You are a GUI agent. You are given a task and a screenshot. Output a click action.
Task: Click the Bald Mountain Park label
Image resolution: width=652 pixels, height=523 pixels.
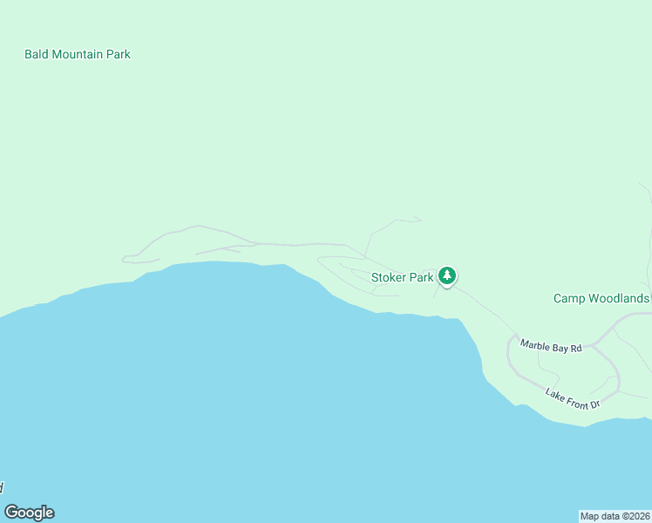pyautogui.click(x=78, y=54)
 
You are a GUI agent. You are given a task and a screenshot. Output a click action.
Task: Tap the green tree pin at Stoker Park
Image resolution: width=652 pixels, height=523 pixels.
pyautogui.click(x=447, y=276)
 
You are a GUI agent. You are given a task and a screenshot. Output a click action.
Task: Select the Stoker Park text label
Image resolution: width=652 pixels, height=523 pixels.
pyautogui.click(x=403, y=278)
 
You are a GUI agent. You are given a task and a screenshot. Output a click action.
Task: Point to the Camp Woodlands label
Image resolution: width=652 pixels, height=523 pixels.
pyautogui.click(x=601, y=298)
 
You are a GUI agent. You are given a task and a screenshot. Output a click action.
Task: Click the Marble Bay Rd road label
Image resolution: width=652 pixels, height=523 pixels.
pyautogui.click(x=551, y=346)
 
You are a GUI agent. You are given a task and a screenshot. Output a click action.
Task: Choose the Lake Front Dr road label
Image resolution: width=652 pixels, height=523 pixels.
pyautogui.click(x=573, y=399)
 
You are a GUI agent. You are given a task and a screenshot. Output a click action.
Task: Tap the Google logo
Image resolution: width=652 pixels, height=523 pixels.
pyautogui.click(x=29, y=513)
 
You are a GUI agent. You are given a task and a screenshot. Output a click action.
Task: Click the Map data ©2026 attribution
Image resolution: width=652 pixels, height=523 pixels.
pyautogui.click(x=615, y=516)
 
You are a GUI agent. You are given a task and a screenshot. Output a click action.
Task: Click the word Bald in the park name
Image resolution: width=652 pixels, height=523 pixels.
pyautogui.click(x=36, y=54)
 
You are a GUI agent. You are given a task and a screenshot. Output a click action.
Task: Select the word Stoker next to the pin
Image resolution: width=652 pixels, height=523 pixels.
pyautogui.click(x=390, y=278)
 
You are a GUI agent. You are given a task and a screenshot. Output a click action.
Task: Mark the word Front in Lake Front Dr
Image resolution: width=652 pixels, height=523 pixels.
pyautogui.click(x=574, y=400)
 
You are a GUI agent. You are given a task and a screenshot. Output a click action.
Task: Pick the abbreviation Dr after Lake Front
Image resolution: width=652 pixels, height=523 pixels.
pyautogui.click(x=594, y=405)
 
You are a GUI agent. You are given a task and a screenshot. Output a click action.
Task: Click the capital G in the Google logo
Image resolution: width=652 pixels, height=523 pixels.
pyautogui.click(x=11, y=513)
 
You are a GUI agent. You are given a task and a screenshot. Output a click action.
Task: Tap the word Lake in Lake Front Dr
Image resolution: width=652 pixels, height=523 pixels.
pyautogui.click(x=555, y=394)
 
